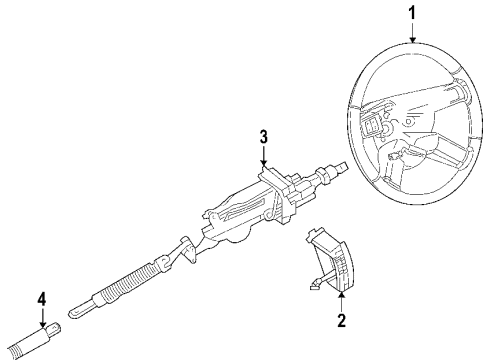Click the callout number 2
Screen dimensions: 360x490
[x=341, y=321]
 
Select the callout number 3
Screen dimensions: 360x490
[x=263, y=137]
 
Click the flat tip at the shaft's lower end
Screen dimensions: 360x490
[x=79, y=309]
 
